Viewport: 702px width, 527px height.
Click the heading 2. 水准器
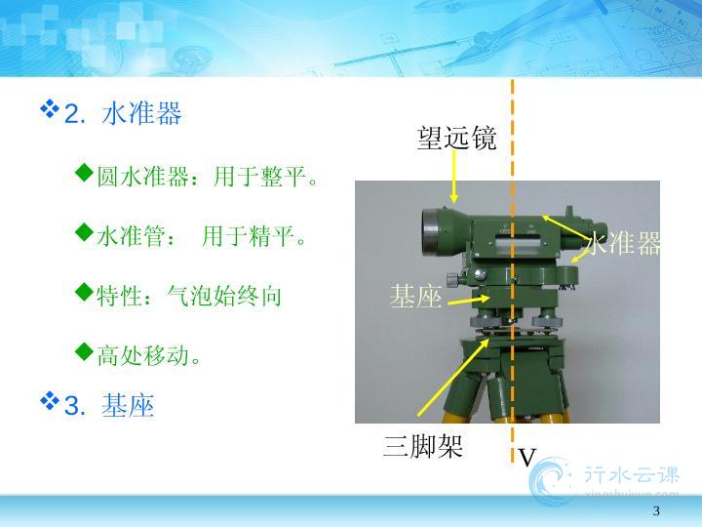pyautogui.click(x=123, y=113)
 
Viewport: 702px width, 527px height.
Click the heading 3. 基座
pyautogui.click(x=109, y=405)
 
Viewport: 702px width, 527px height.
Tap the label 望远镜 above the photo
pyautogui.click(x=456, y=138)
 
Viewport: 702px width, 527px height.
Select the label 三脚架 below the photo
pyautogui.click(x=423, y=445)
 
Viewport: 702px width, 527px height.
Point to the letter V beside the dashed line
pyautogui.click(x=527, y=458)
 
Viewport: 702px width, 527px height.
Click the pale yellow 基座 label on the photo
pyautogui.click(x=416, y=297)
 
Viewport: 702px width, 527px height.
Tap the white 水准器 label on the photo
pyautogui.click(x=623, y=243)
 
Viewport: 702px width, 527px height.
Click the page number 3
pyautogui.click(x=656, y=510)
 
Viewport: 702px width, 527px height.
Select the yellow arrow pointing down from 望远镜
pyautogui.click(x=454, y=177)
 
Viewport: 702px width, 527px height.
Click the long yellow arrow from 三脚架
pyautogui.click(x=453, y=378)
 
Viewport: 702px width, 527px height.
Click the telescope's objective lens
pyautogui.click(x=433, y=233)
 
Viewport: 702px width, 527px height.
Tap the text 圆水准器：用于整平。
pyautogui.click(x=208, y=176)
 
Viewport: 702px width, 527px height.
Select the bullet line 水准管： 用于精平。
pyautogui.click(x=202, y=236)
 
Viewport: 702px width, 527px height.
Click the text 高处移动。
pyautogui.click(x=149, y=356)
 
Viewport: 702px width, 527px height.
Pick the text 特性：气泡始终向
pyautogui.click(x=189, y=296)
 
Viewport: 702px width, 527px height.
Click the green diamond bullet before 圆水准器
pyautogui.click(x=84, y=173)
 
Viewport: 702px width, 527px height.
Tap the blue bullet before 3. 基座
pyautogui.click(x=50, y=401)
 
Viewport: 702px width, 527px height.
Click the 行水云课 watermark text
pyautogui.click(x=632, y=475)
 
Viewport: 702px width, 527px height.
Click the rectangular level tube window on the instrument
pyautogui.click(x=510, y=245)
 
